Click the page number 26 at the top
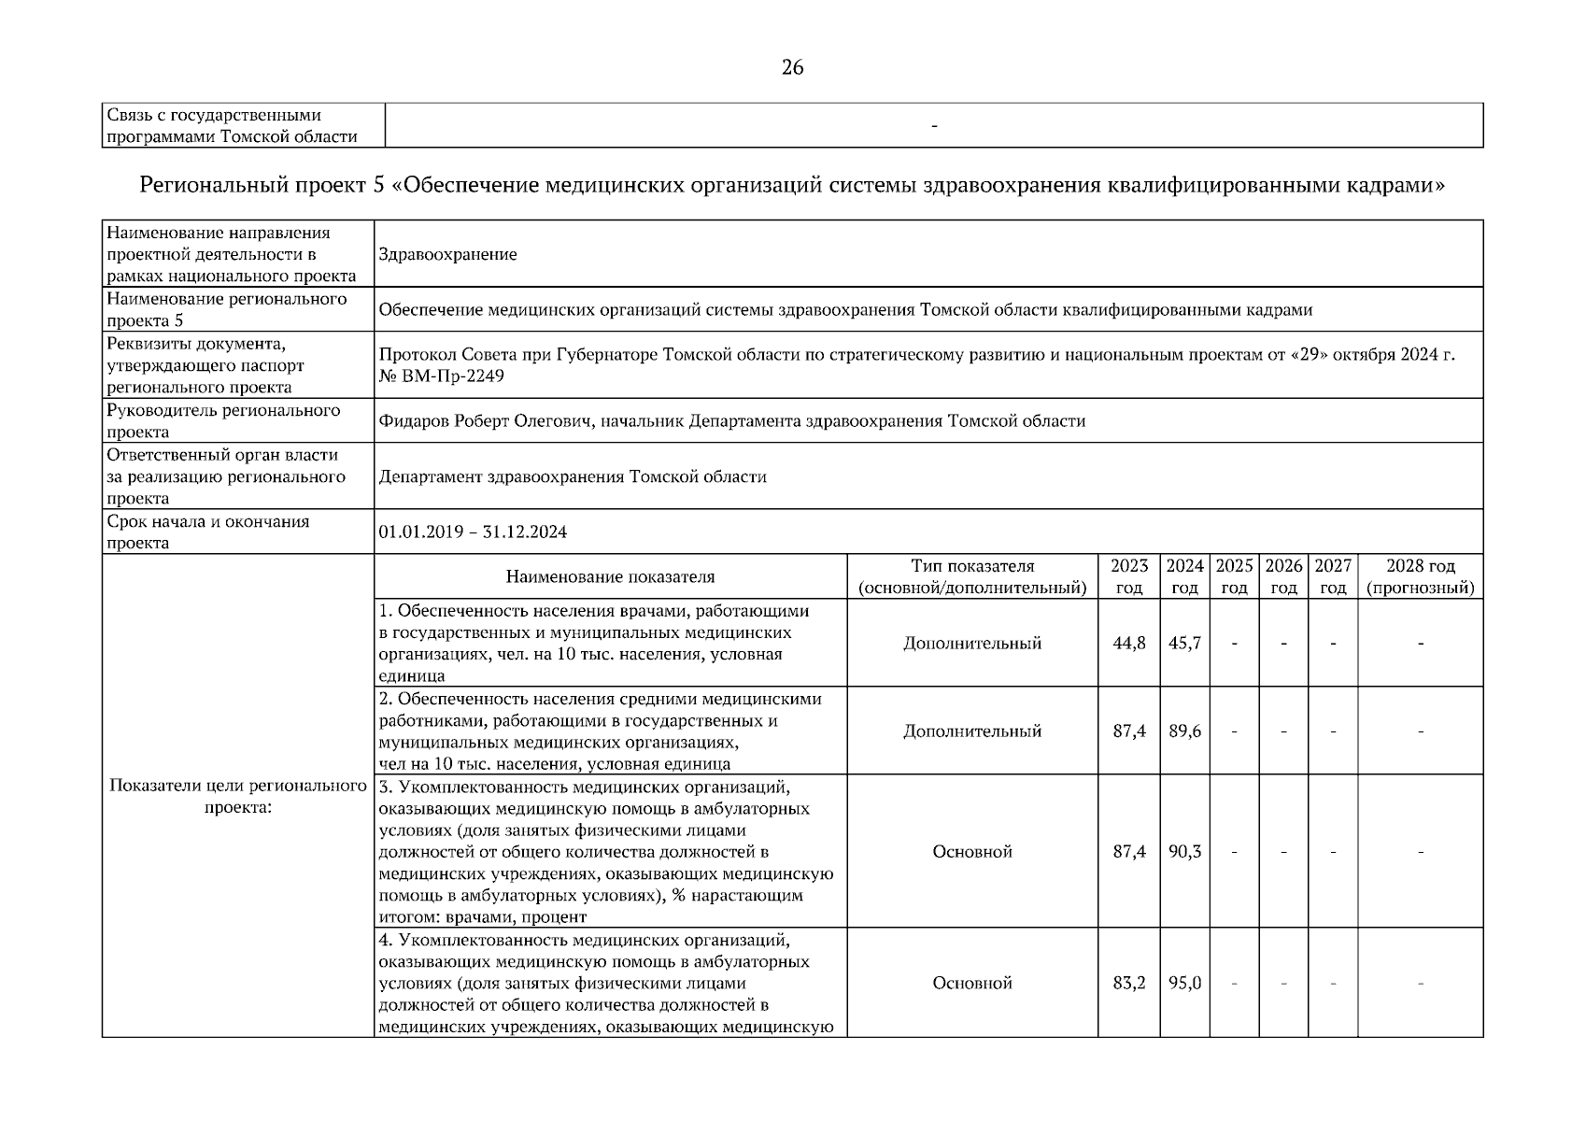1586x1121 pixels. click(x=792, y=67)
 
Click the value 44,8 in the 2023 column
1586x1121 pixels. click(x=1128, y=644)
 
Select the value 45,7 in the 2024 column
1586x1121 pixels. click(x=1184, y=644)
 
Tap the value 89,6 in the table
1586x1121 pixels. click(x=1184, y=731)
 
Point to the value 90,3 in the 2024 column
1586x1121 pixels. click(x=1184, y=852)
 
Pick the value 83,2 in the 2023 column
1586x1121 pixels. click(x=1128, y=984)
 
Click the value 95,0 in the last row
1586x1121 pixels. click(x=1184, y=984)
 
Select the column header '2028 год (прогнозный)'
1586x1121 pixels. click(x=1420, y=577)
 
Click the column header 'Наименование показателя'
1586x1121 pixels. click(x=610, y=577)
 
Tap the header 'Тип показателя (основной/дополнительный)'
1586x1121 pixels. click(x=972, y=577)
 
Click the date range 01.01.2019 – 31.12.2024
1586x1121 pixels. click(x=473, y=532)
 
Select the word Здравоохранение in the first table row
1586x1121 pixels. click(x=448, y=254)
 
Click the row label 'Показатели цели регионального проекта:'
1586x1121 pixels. click(x=237, y=796)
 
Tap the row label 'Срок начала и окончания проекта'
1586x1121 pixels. click(x=208, y=532)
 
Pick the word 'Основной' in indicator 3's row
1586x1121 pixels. click(x=972, y=852)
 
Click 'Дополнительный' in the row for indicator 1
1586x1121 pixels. click(x=972, y=644)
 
